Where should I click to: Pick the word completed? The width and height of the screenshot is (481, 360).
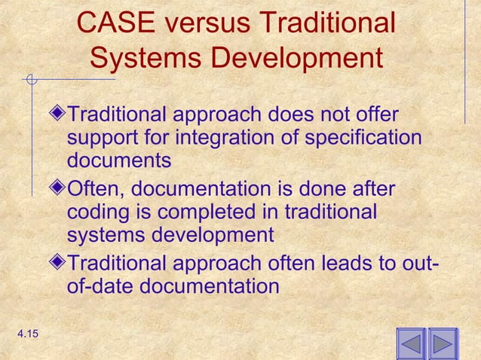pos(200,212)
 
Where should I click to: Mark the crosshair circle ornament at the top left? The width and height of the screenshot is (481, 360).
pos(31,78)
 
